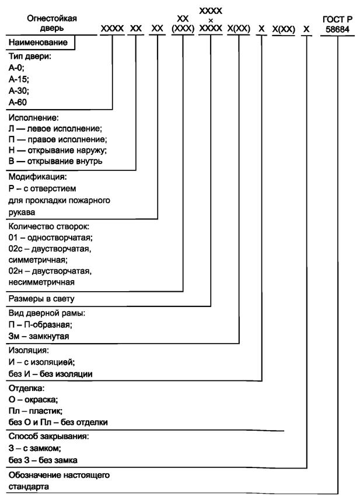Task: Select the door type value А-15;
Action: [x=20, y=79]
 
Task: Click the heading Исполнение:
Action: [x=34, y=117]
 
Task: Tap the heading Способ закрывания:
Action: [x=48, y=436]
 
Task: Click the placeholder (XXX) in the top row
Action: [x=182, y=27]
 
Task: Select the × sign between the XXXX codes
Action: [x=211, y=19]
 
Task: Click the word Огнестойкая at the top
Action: [x=52, y=18]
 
